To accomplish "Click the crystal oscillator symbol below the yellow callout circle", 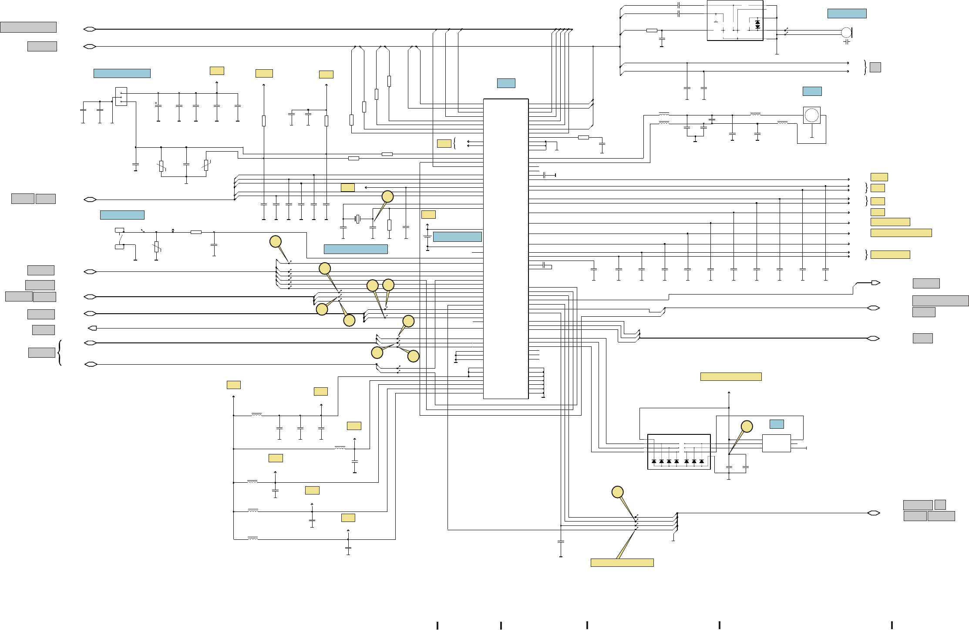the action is click(358, 219).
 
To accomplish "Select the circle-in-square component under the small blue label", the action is click(811, 115).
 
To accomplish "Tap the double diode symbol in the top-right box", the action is click(757, 24).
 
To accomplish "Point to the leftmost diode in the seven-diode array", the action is click(654, 461).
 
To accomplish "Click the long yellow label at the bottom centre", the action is click(622, 562).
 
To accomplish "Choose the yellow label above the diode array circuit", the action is click(730, 377).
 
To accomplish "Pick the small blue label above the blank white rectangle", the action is click(777, 424).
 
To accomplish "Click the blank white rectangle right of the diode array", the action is click(776, 443).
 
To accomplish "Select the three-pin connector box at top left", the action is click(121, 97).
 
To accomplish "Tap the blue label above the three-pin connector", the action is click(122, 73).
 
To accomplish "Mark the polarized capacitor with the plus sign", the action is click(158, 105).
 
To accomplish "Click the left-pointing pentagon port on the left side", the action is click(92, 328).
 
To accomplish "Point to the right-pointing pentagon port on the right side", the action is click(875, 283).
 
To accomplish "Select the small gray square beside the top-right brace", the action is click(875, 67).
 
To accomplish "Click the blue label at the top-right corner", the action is click(847, 14).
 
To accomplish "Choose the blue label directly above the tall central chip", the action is click(506, 83).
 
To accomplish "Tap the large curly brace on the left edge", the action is click(60, 352).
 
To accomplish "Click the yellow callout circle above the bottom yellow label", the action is click(617, 492).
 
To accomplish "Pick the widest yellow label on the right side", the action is click(901, 233).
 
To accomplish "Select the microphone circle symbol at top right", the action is click(846, 32).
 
